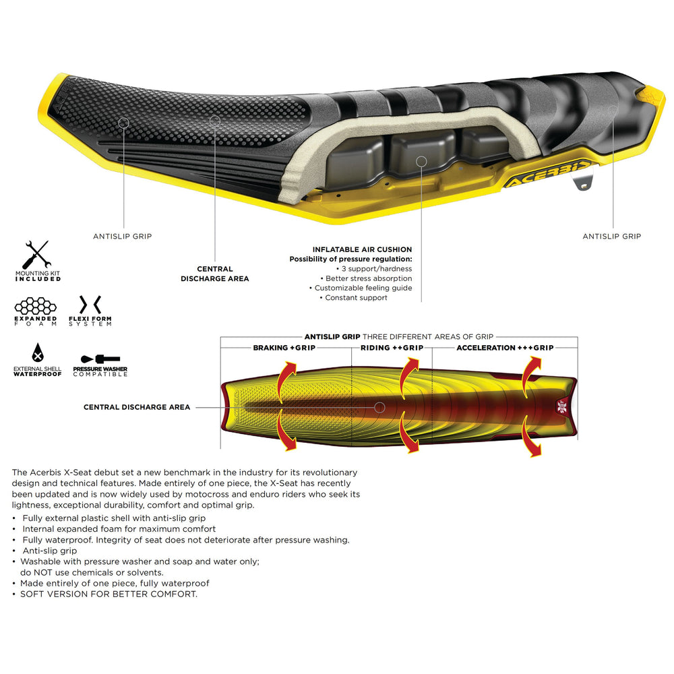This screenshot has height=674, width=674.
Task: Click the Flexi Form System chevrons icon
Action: (90, 303)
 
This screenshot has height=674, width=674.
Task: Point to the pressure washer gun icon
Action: (100, 359)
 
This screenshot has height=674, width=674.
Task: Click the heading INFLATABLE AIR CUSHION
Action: (362, 249)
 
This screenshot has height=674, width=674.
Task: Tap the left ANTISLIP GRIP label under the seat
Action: (122, 237)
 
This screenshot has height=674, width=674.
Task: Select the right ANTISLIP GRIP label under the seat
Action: (612, 237)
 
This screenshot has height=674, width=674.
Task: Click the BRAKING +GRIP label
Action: (284, 348)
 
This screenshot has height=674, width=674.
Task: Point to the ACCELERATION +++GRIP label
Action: (505, 348)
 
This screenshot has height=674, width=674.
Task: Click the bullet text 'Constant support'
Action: (356, 297)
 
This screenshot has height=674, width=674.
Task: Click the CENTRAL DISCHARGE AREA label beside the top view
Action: (137, 407)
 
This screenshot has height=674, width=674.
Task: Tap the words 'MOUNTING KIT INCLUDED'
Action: (38, 276)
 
